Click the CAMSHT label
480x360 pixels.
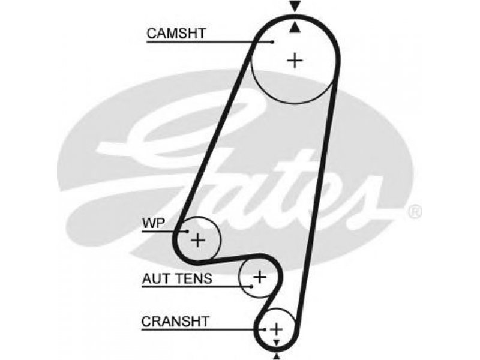click(x=176, y=33)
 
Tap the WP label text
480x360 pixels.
click(x=154, y=223)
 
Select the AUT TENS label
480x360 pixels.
click(x=177, y=278)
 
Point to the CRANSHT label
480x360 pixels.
click(x=175, y=322)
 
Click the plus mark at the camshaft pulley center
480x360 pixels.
click(x=295, y=61)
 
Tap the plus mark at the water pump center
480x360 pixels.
click(x=198, y=239)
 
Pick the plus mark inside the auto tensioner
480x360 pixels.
click(x=260, y=277)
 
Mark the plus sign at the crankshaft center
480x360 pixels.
click(x=276, y=329)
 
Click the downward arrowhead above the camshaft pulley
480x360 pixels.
click(x=295, y=7)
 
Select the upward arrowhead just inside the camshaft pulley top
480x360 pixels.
click(x=295, y=28)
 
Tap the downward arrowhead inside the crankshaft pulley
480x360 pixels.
click(x=277, y=343)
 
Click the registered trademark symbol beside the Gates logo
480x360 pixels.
click(x=415, y=212)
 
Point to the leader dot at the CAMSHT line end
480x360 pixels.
click(x=272, y=41)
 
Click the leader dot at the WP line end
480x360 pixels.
click(x=187, y=231)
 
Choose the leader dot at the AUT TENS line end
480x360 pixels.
click(x=251, y=287)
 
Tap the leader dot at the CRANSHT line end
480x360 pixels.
click(x=264, y=329)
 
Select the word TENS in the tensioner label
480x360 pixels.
click(x=194, y=278)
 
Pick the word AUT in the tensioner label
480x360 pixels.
click(x=157, y=278)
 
